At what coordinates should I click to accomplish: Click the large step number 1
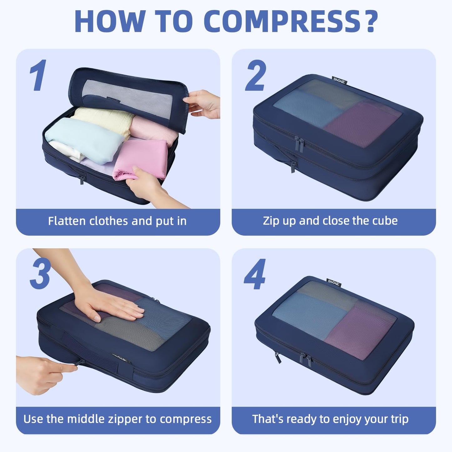(38, 75)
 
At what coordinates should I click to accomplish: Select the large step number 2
(256, 75)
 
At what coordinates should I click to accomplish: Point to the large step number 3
(40, 274)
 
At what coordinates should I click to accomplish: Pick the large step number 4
(255, 275)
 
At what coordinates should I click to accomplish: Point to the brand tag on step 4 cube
(333, 282)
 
